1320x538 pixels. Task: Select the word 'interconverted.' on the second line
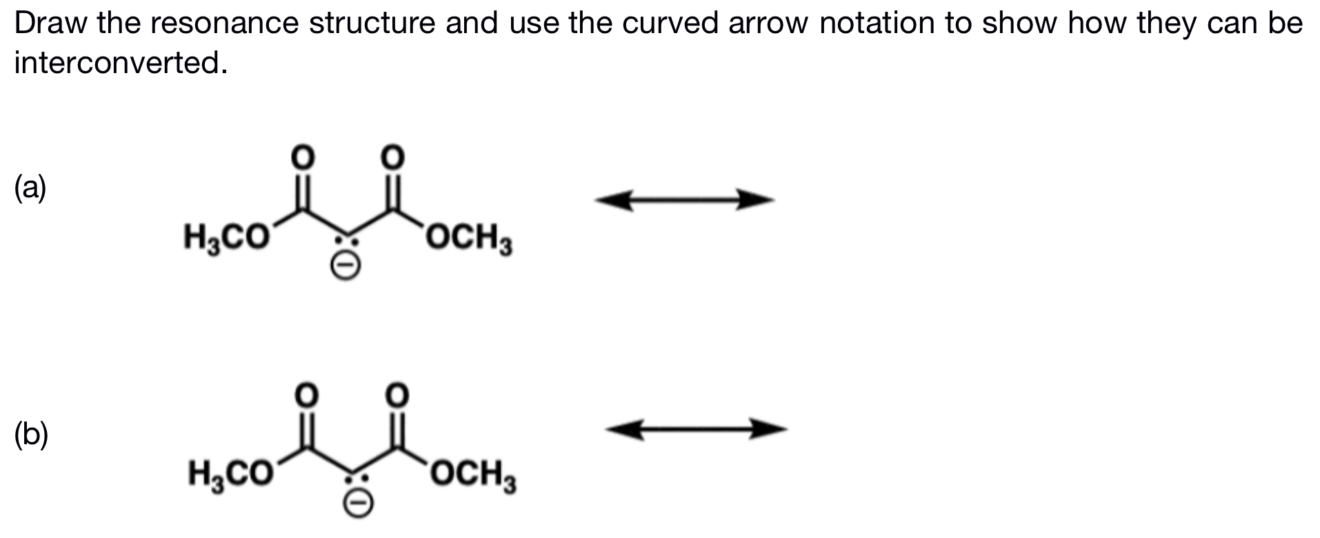pos(121,63)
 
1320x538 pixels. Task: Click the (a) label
pos(30,188)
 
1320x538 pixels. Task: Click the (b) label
pos(31,434)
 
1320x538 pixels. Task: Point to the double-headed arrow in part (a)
pos(684,201)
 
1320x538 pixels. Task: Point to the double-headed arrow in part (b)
pos(696,430)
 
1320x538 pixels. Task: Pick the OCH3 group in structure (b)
pos(473,475)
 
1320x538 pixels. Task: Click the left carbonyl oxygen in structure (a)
pos(302,157)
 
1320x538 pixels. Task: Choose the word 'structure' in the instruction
pos(371,23)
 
